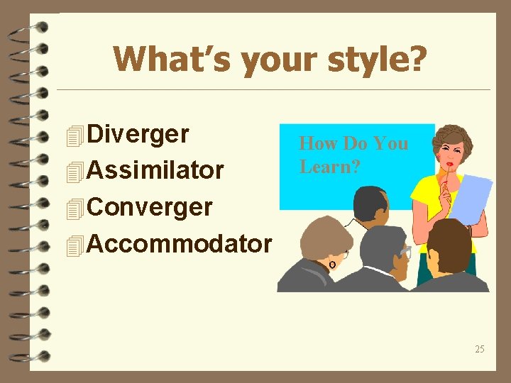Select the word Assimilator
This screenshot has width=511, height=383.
[x=155, y=171]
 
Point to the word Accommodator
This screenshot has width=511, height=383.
[x=179, y=245]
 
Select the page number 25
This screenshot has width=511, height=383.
[x=480, y=349]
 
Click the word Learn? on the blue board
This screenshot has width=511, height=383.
[x=329, y=167]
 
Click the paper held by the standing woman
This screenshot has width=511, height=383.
[x=472, y=198]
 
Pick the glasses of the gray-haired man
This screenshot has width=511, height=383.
[x=405, y=252]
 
